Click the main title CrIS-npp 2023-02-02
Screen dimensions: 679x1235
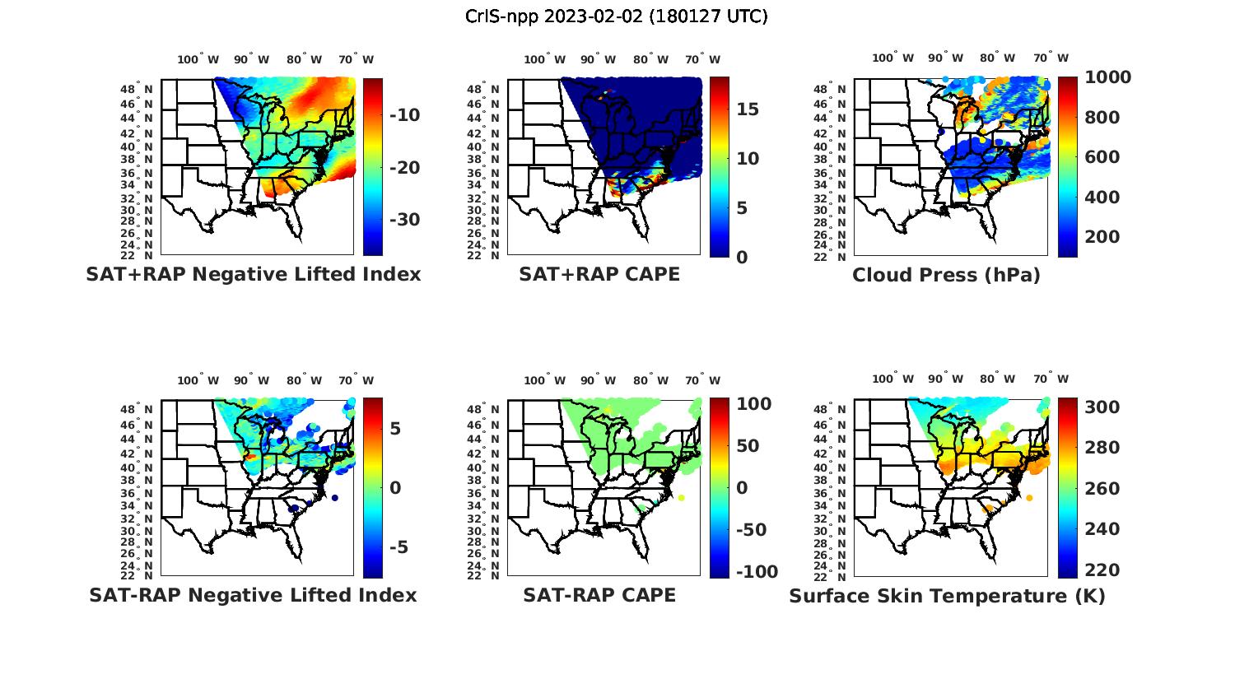tap(617, 16)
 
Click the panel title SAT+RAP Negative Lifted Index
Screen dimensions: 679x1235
tap(254, 274)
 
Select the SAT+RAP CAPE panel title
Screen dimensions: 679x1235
tap(599, 274)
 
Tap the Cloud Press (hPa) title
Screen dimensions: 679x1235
tap(946, 275)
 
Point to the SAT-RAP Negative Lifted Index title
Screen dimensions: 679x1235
tap(253, 595)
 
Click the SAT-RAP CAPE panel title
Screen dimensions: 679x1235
tap(599, 595)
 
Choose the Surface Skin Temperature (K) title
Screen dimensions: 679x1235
tap(947, 596)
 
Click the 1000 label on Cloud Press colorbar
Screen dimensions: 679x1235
tap(1108, 77)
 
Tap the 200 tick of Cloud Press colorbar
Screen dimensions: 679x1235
tap(1102, 237)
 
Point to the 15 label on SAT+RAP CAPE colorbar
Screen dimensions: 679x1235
tap(748, 109)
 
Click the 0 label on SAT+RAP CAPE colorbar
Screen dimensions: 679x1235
tap(742, 257)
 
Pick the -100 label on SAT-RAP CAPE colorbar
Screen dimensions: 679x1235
tap(755, 572)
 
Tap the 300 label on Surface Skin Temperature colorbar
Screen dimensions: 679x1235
tap(1102, 407)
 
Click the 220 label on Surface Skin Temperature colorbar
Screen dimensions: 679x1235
tap(1102, 570)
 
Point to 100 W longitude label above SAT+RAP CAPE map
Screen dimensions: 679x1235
tap(544, 59)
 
